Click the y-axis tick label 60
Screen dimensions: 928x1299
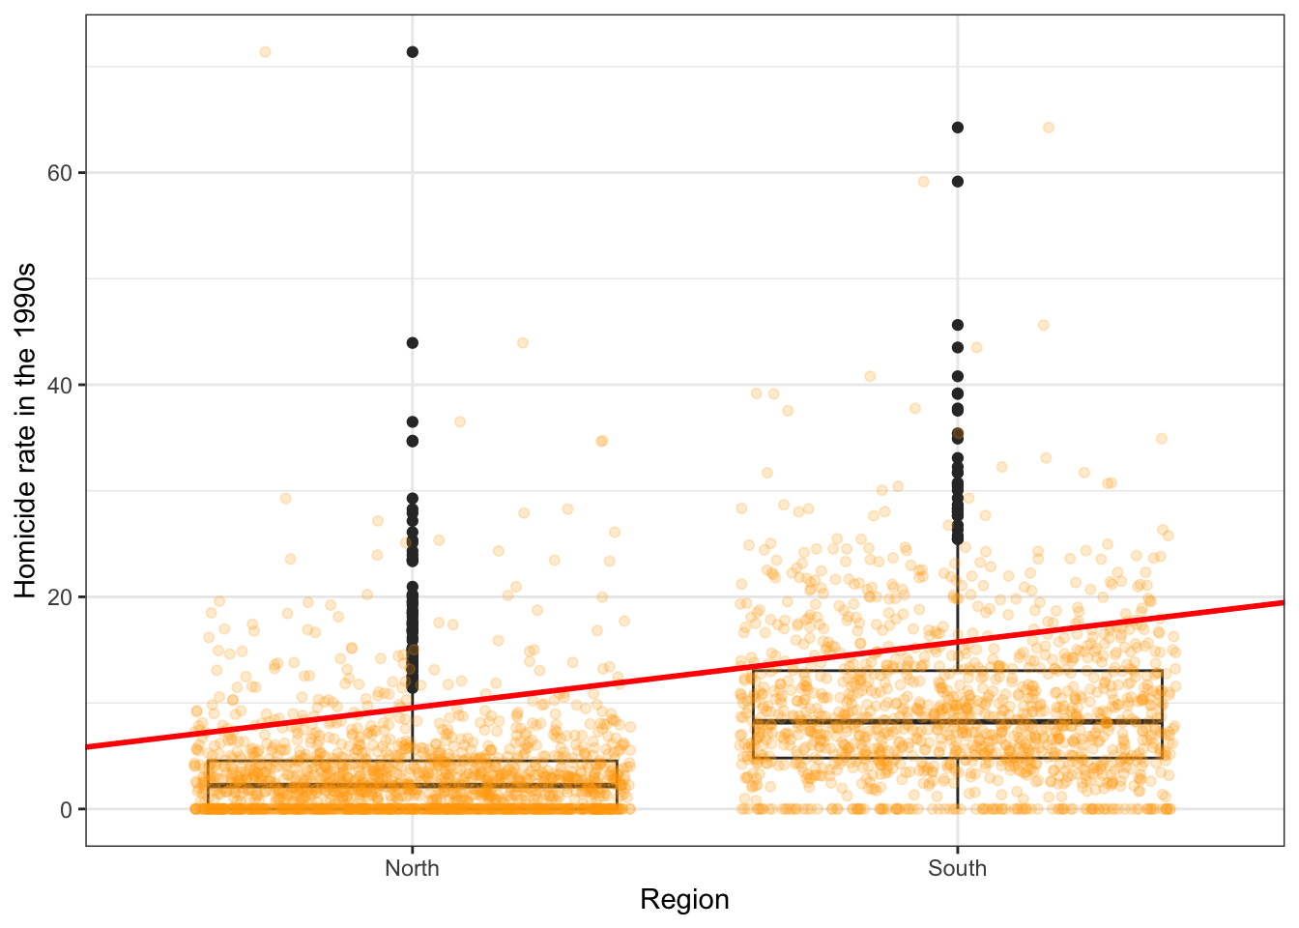[x=59, y=173]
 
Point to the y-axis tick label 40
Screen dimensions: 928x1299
[x=59, y=385]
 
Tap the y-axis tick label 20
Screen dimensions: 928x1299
[x=59, y=596]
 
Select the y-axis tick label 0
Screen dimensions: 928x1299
[x=66, y=809]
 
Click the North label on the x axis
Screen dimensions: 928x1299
[x=412, y=868]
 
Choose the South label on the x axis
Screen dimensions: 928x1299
[x=957, y=868]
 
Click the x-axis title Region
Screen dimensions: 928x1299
[x=684, y=900]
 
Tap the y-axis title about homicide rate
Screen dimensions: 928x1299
[x=26, y=430]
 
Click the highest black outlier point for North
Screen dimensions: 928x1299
[x=413, y=52]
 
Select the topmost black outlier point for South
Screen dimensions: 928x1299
[x=958, y=128]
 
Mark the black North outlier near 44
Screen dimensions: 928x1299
[x=413, y=342]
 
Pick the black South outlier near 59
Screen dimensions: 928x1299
[x=958, y=182]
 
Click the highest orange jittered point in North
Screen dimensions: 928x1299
[x=265, y=52]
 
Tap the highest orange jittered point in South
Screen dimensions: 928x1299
[x=1048, y=128]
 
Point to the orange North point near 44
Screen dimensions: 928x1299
[x=523, y=342]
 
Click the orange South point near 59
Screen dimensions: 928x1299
[x=923, y=182]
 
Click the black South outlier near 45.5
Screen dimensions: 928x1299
[x=958, y=325]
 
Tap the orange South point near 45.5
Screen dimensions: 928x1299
[x=1043, y=325]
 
